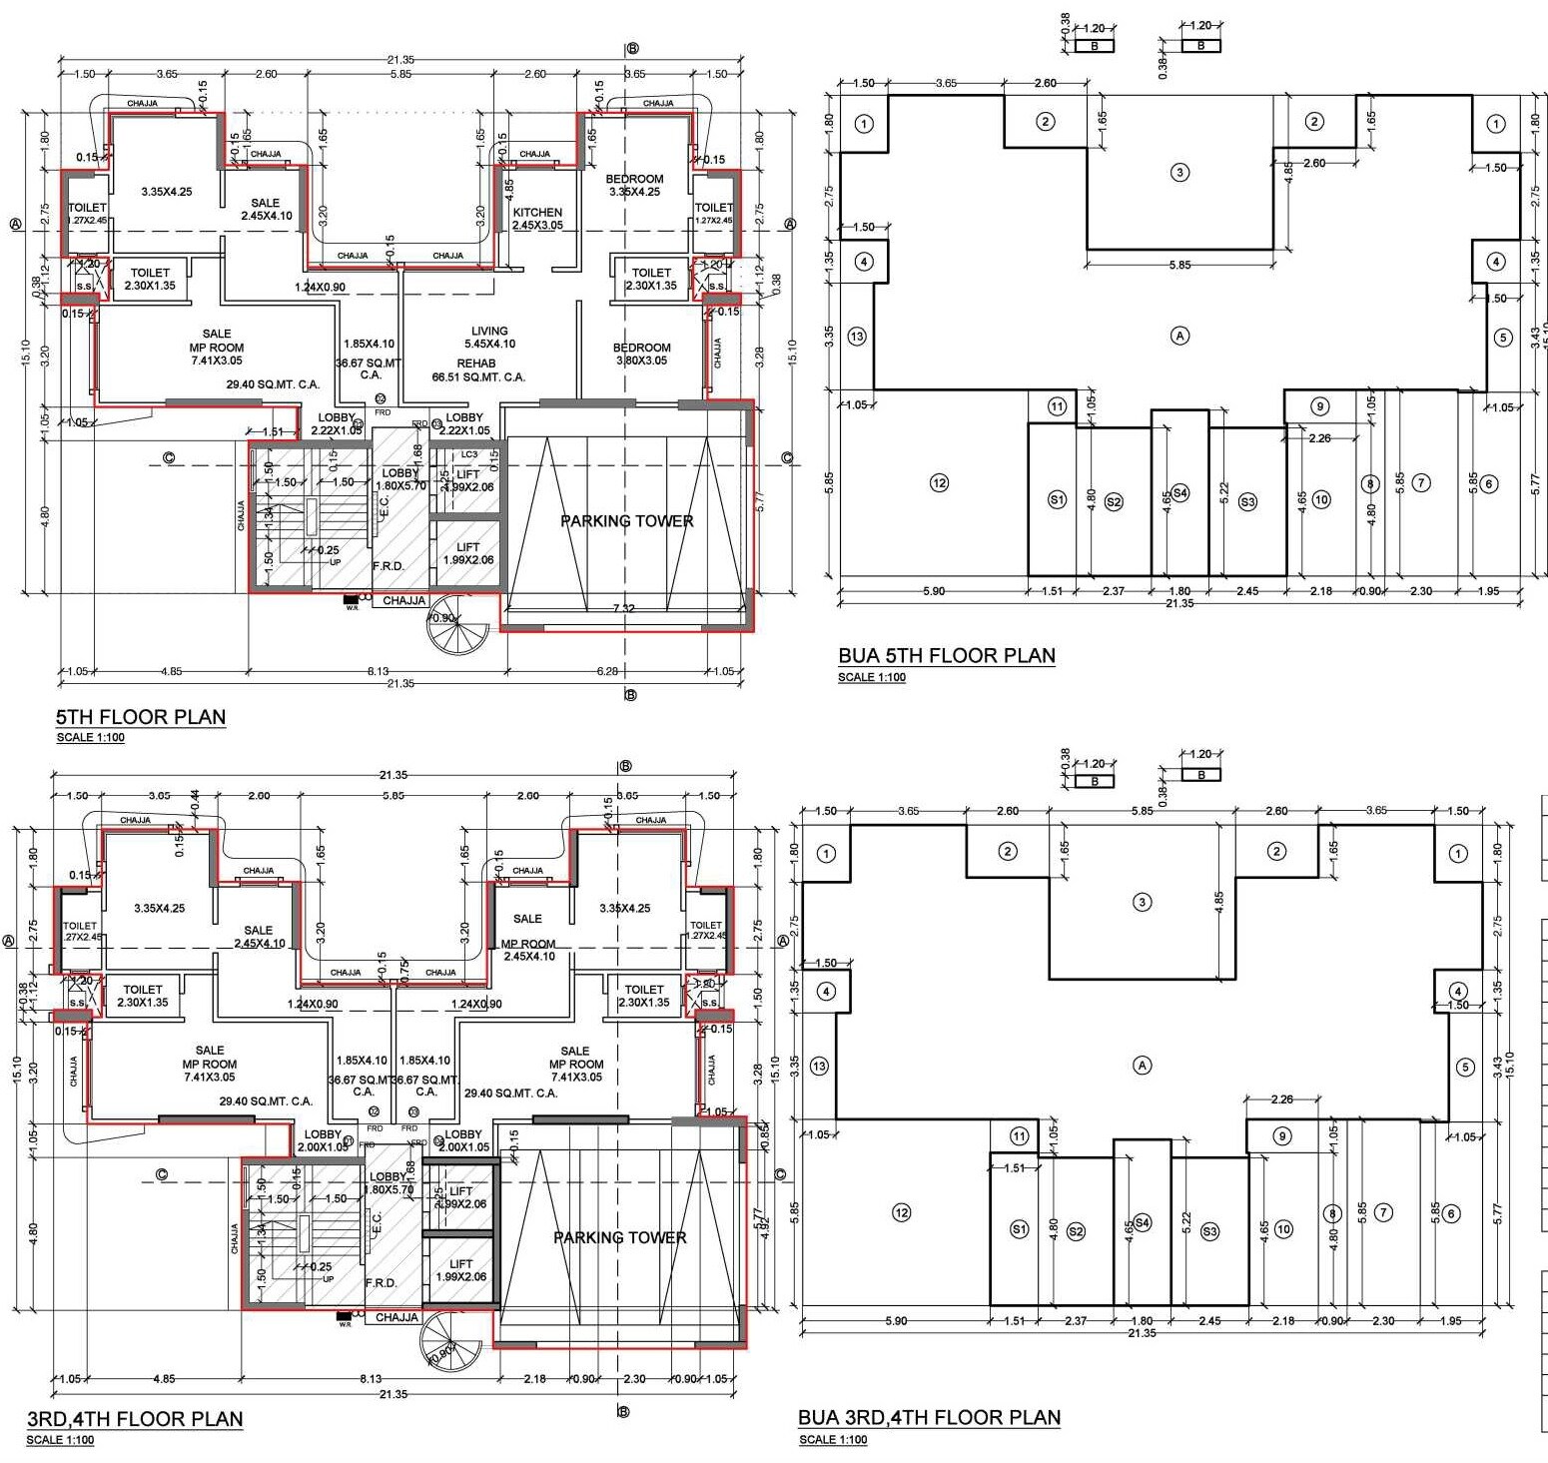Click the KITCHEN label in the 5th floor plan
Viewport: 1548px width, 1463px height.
click(537, 212)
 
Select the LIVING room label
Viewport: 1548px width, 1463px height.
click(489, 331)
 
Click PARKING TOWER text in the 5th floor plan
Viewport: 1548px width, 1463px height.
click(626, 520)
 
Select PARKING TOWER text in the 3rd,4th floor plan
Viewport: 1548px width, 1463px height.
click(619, 1237)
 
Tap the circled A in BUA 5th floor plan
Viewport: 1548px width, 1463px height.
click(1179, 336)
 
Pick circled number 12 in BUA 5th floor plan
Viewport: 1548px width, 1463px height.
click(939, 483)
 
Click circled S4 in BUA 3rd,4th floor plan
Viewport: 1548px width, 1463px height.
click(1143, 1222)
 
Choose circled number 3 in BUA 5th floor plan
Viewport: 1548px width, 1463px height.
click(1180, 172)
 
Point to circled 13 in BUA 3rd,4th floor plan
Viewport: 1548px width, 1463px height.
click(819, 1067)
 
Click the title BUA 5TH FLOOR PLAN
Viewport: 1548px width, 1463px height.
click(946, 656)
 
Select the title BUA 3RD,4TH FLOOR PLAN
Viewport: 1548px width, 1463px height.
click(929, 1417)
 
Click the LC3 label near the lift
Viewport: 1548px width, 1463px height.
click(468, 454)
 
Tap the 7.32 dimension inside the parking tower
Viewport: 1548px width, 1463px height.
click(623, 608)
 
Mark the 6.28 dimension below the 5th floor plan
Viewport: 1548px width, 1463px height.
click(607, 671)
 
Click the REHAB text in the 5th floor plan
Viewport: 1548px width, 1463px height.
click(476, 364)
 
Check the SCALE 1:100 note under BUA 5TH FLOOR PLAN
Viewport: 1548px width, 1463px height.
click(872, 677)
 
